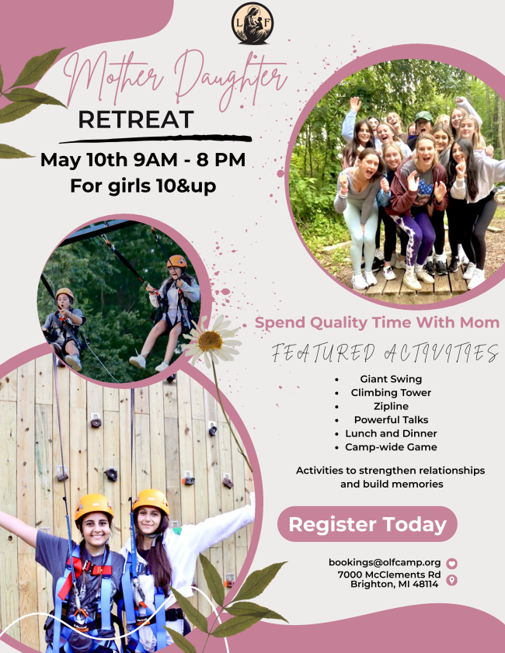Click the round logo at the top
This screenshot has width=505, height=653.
pos(252,23)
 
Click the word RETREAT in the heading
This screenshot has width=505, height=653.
pos(136,120)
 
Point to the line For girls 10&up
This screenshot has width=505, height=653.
pos(143,186)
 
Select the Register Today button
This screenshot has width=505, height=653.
pos(367,524)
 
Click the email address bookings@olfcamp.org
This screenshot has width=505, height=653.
pos(385,563)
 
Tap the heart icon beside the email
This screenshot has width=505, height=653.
pos(451,564)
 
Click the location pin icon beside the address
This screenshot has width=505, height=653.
pos(451,580)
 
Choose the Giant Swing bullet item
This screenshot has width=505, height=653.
pos(391,379)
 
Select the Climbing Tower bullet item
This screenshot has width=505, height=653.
pos(391,393)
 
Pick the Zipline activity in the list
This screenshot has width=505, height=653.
pos(391,406)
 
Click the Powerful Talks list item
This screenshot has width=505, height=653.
pos(391,420)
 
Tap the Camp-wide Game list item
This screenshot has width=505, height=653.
pos(391,447)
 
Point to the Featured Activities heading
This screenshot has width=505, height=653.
pos(385,353)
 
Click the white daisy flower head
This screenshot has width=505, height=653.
pos(211,342)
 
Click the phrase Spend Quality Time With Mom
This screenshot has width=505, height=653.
pos(377,323)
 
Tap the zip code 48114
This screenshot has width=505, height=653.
pos(426,585)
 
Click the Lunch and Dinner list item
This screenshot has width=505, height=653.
pos(391,433)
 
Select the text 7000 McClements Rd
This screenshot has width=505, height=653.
pos(389,575)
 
